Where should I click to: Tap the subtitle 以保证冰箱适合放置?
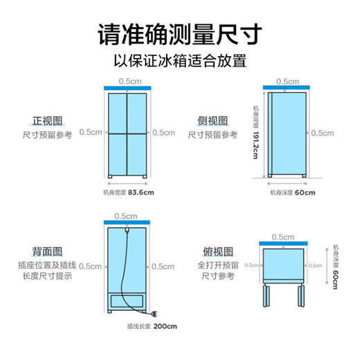pos(180,61)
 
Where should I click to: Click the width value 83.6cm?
pos(140,192)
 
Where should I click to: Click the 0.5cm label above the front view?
pos(127,80)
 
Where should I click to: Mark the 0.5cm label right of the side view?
pos(323,133)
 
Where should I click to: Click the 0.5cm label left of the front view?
pos(90,132)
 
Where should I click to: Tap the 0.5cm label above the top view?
pos(282,237)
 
